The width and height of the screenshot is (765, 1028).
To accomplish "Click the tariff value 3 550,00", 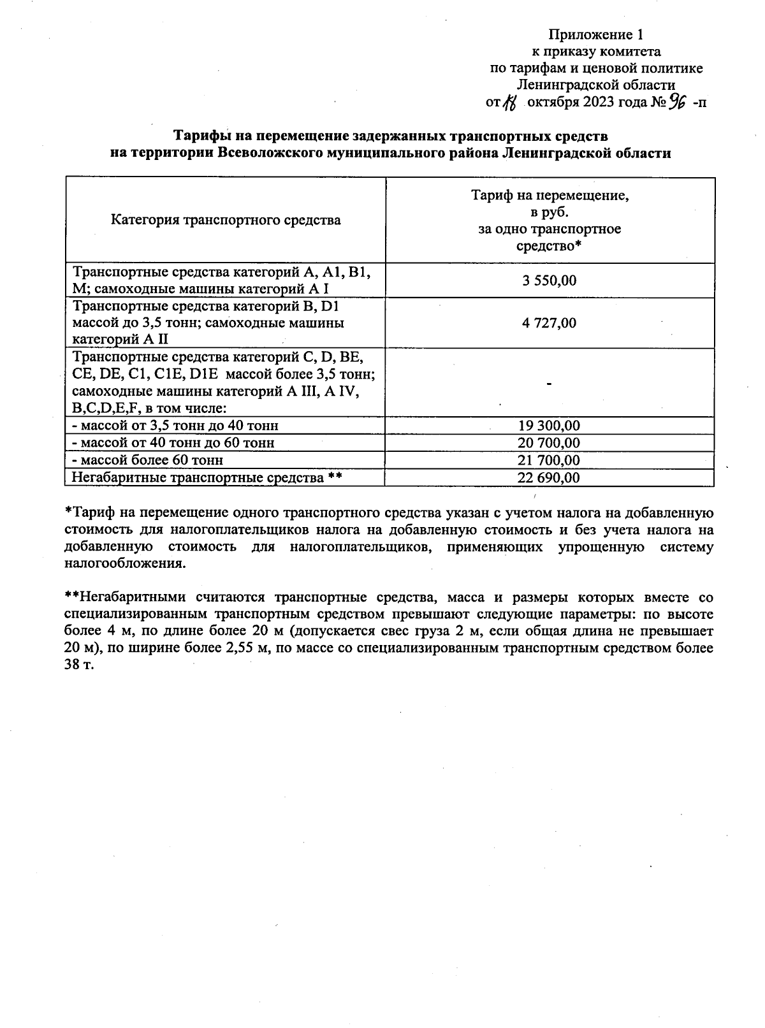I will click(x=549, y=280).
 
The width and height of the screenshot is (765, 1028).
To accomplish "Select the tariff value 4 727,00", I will click(x=549, y=323).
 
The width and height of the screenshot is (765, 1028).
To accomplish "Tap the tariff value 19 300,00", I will click(x=549, y=426).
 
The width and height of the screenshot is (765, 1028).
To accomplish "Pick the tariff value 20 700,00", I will click(x=549, y=443).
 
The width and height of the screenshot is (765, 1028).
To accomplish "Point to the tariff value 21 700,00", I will click(x=549, y=460).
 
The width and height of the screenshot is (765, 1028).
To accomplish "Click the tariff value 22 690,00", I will click(x=549, y=477).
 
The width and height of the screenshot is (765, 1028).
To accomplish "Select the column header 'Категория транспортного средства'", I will click(x=226, y=221).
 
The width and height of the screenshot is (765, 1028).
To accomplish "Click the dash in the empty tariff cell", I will click(x=549, y=383).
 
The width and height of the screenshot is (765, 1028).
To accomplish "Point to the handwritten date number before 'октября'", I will click(x=510, y=103).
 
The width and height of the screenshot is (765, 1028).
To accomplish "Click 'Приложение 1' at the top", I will click(x=596, y=34).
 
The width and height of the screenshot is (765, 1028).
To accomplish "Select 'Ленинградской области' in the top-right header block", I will click(x=596, y=85).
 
